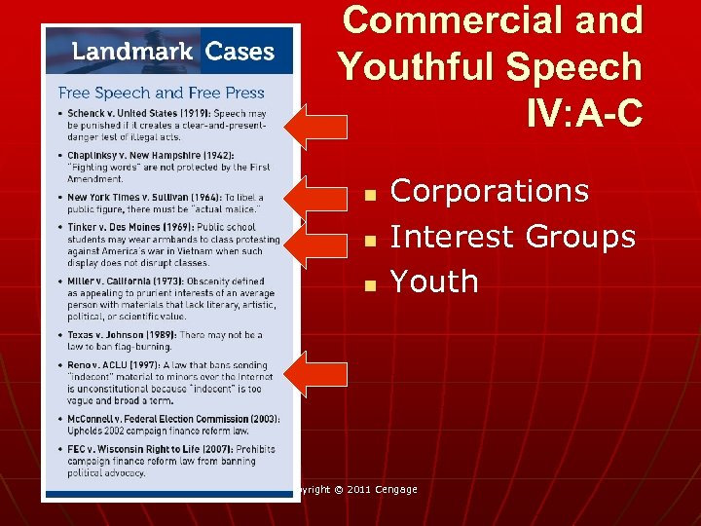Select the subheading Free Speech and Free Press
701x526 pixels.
(162, 94)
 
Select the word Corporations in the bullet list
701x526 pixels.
(489, 191)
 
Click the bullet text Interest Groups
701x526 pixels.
(512, 236)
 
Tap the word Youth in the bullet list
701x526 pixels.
(434, 282)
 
